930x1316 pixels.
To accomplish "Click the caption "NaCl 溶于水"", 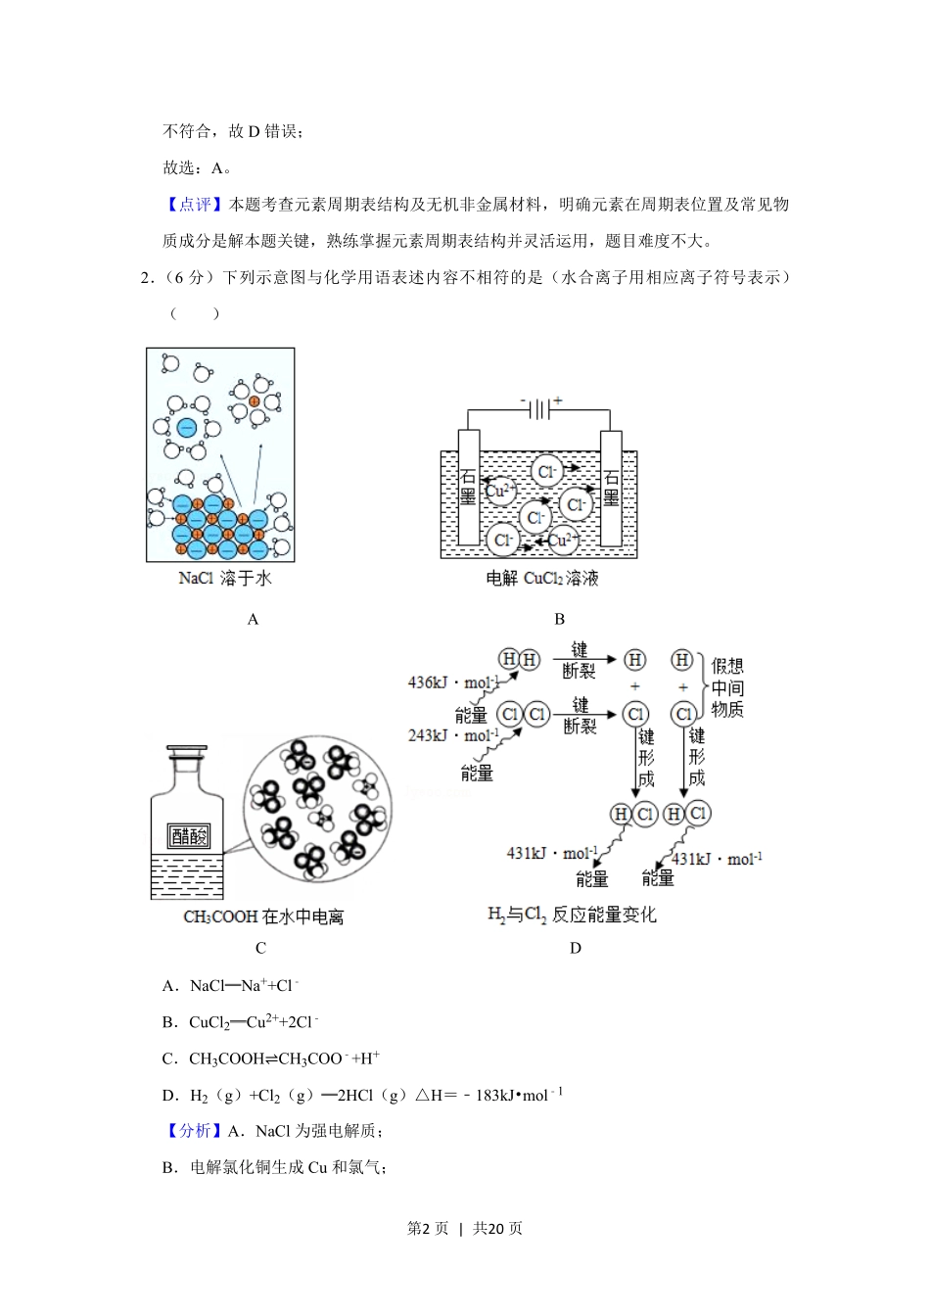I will pyautogui.click(x=224, y=579).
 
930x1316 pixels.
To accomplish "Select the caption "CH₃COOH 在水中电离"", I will pyautogui.click(x=263, y=917).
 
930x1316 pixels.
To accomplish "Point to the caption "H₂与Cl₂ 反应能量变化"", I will pyautogui.click(x=572, y=915).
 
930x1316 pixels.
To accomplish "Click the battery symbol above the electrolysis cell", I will pyautogui.click(x=539, y=409).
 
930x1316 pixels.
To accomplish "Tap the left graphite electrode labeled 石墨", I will pyautogui.click(x=468, y=488).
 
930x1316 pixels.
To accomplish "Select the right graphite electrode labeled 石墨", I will pyautogui.click(x=611, y=488).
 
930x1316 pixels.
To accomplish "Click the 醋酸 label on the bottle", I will pyautogui.click(x=189, y=835).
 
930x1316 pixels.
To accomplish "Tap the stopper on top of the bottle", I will pyautogui.click(x=186, y=755).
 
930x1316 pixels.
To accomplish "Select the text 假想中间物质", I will pyautogui.click(x=727, y=687).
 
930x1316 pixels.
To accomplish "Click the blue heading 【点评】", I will pyautogui.click(x=195, y=205).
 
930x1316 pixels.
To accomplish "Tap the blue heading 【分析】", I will pyautogui.click(x=195, y=1131).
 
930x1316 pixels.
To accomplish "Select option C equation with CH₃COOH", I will pyautogui.click(x=284, y=1058).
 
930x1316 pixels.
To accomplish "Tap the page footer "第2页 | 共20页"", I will pyautogui.click(x=465, y=1228).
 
